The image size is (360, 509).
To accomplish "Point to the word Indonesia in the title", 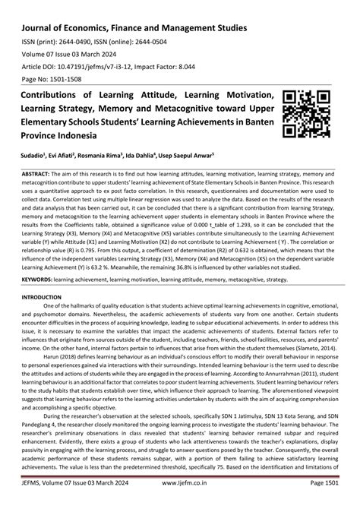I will [95, 135].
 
